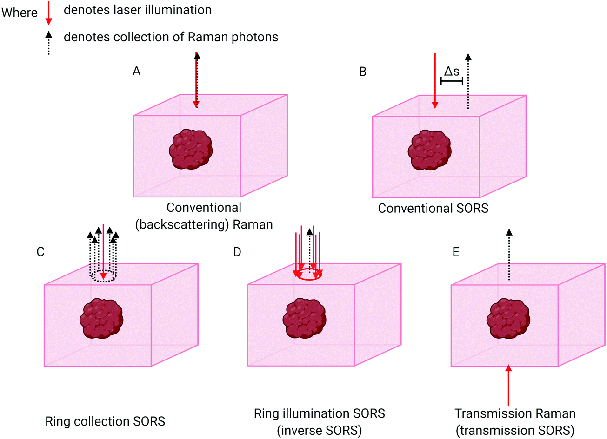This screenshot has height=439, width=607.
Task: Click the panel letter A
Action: tap(136, 71)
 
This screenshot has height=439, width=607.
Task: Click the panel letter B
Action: tap(363, 72)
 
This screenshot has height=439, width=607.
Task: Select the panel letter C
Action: tap(40, 252)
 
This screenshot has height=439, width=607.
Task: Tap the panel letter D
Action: tap(237, 252)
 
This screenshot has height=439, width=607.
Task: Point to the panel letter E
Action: tap(456, 252)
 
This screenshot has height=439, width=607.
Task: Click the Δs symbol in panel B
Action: tap(451, 71)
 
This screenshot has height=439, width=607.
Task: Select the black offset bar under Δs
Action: tap(451, 81)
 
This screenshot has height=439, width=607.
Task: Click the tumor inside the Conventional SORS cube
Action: tap(429, 150)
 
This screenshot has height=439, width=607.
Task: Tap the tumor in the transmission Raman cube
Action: tap(508, 318)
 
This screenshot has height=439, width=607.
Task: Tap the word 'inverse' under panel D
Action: tap(302, 430)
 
